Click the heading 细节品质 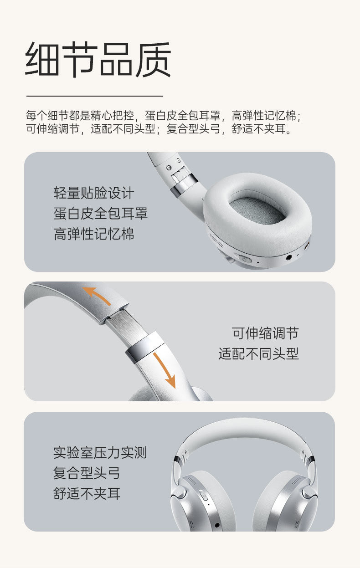pos(98,60)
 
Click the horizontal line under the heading pos(94,96)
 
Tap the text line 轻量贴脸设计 pos(94,193)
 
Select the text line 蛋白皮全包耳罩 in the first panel pos(101,213)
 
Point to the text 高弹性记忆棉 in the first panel pos(94,234)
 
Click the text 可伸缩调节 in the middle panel pos(265,333)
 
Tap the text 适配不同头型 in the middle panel pos(258,354)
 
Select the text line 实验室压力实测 pos(100,452)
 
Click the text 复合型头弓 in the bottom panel pos(87,473)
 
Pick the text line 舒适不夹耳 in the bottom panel pos(87,494)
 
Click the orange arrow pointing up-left pos(97,296)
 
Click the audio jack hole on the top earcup pos(290,258)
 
